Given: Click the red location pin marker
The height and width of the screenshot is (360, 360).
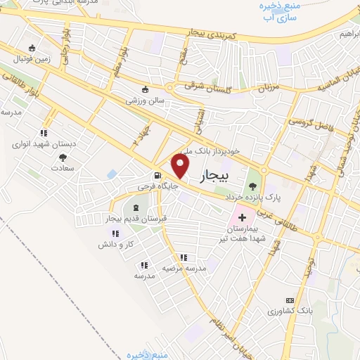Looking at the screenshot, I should (181, 166).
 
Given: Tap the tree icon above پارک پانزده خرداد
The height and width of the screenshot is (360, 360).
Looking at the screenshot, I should (252, 186).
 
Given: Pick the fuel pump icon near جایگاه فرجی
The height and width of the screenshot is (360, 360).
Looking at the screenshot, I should (156, 176).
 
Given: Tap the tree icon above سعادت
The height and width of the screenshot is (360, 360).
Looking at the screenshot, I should (63, 157).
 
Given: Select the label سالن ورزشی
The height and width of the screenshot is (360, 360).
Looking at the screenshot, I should (145, 101).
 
